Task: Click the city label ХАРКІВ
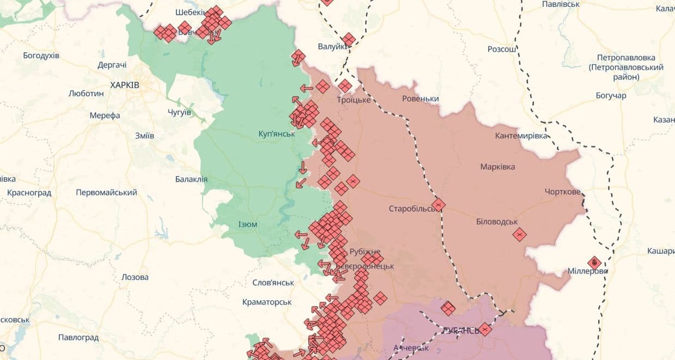125,85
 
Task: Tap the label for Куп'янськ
277,133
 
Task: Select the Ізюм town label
248,224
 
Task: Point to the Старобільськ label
412,209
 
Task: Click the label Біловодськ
496,222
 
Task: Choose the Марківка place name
498,167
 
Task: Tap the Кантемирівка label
521,136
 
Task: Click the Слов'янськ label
273,283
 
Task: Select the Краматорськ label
268,302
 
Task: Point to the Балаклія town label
191,179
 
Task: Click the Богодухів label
41,56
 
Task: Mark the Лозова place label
135,277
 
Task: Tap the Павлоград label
78,338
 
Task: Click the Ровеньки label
420,99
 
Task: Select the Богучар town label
611,96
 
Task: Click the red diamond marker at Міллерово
594,263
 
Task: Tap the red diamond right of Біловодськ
519,234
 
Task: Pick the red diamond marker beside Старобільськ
438,205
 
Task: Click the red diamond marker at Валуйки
348,39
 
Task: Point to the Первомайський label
107,193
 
